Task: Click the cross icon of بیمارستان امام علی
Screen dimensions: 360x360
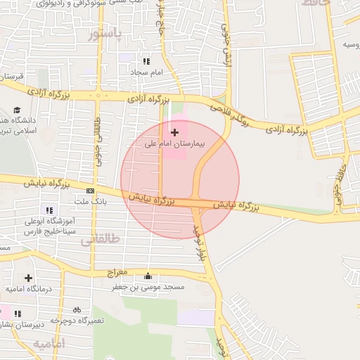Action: (x=174, y=132)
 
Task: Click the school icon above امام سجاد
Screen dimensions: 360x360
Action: (x=146, y=62)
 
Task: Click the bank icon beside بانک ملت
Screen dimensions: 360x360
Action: (x=90, y=191)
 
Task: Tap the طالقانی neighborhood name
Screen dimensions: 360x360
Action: (x=100, y=240)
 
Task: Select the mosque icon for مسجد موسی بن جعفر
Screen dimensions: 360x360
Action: (x=147, y=276)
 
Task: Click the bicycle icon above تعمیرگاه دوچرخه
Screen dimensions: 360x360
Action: (x=77, y=309)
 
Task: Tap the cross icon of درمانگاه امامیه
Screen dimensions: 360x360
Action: (x=28, y=278)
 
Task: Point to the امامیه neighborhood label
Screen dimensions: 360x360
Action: (x=48, y=343)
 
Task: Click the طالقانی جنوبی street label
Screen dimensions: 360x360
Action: (x=96, y=133)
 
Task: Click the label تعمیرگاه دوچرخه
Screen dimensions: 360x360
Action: (x=77, y=320)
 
